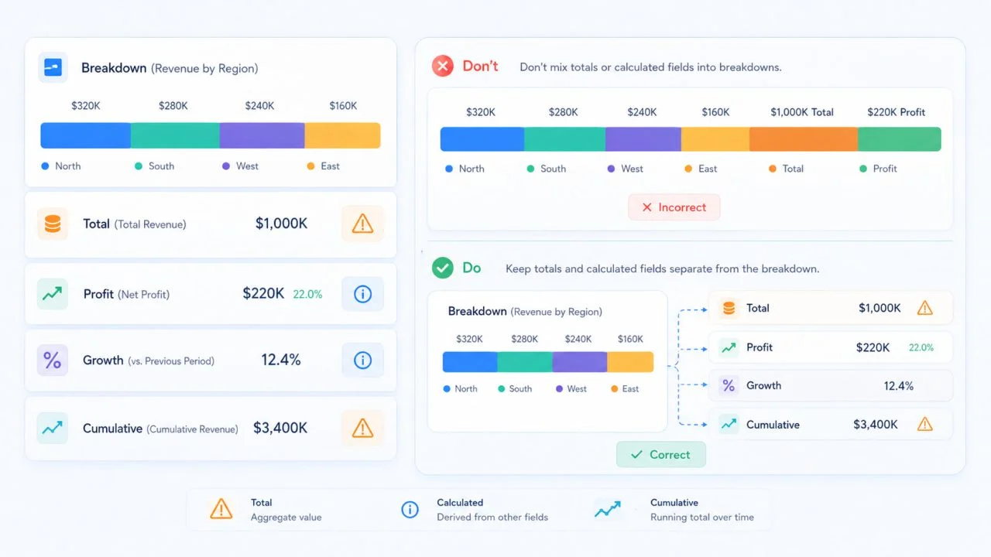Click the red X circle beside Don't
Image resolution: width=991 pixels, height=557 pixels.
(x=442, y=67)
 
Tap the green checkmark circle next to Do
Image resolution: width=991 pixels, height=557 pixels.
(x=442, y=268)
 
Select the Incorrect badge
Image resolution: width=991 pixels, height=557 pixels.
(x=674, y=207)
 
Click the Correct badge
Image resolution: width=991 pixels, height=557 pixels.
(x=661, y=454)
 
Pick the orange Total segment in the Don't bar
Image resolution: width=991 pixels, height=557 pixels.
(x=804, y=139)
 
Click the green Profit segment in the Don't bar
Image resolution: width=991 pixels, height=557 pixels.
(x=900, y=139)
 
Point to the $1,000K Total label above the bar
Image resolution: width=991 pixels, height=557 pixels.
(x=801, y=112)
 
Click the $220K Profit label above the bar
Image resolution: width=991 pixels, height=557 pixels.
(x=896, y=112)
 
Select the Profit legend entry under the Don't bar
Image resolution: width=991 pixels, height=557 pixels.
(x=878, y=169)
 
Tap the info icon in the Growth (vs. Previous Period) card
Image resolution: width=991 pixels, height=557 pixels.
(x=362, y=361)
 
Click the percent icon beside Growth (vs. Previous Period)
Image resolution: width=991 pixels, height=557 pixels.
(x=52, y=361)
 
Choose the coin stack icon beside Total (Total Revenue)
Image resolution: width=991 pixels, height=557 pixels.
(x=52, y=224)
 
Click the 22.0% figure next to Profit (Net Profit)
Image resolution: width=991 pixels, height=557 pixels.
(x=307, y=295)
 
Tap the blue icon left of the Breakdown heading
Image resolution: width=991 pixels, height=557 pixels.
(x=53, y=67)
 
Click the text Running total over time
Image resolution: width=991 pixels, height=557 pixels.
(x=701, y=518)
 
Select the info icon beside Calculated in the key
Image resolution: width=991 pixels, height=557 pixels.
(x=410, y=509)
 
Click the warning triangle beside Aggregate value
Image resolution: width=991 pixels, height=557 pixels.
(x=221, y=509)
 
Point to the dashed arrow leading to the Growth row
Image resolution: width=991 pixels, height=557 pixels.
(x=693, y=384)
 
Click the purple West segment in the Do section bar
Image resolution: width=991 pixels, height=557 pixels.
(x=580, y=362)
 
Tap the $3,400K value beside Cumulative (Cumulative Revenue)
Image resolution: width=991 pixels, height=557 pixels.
(x=280, y=428)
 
